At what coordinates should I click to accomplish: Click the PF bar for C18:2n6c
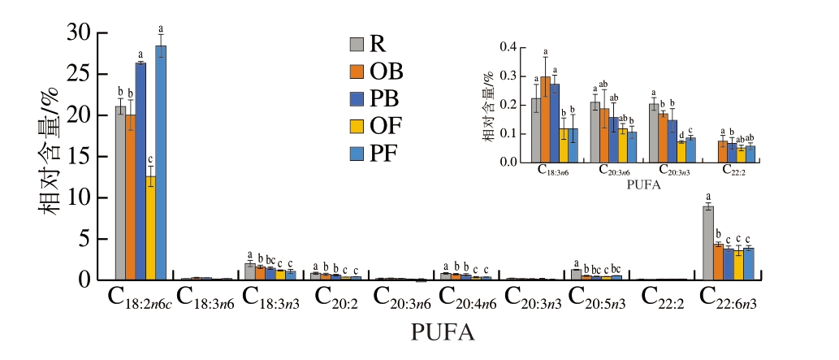click(x=161, y=163)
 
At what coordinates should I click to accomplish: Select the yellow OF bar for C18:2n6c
click(x=150, y=228)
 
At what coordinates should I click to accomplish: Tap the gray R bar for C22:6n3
click(x=707, y=243)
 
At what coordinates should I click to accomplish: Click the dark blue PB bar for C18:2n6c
click(x=141, y=171)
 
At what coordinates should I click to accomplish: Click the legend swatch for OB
click(x=357, y=72)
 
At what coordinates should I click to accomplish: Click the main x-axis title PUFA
click(x=443, y=333)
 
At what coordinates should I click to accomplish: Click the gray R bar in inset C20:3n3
click(x=654, y=133)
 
